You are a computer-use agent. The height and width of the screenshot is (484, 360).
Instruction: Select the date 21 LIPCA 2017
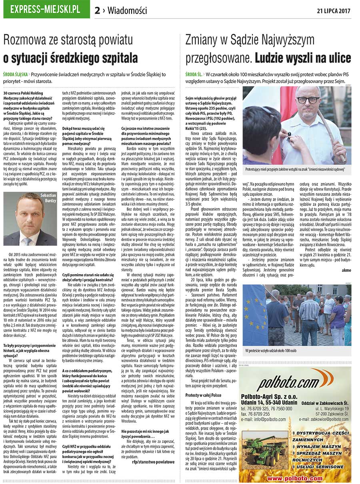click(334, 10)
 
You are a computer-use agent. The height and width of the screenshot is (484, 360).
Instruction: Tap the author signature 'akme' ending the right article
click(346, 270)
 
